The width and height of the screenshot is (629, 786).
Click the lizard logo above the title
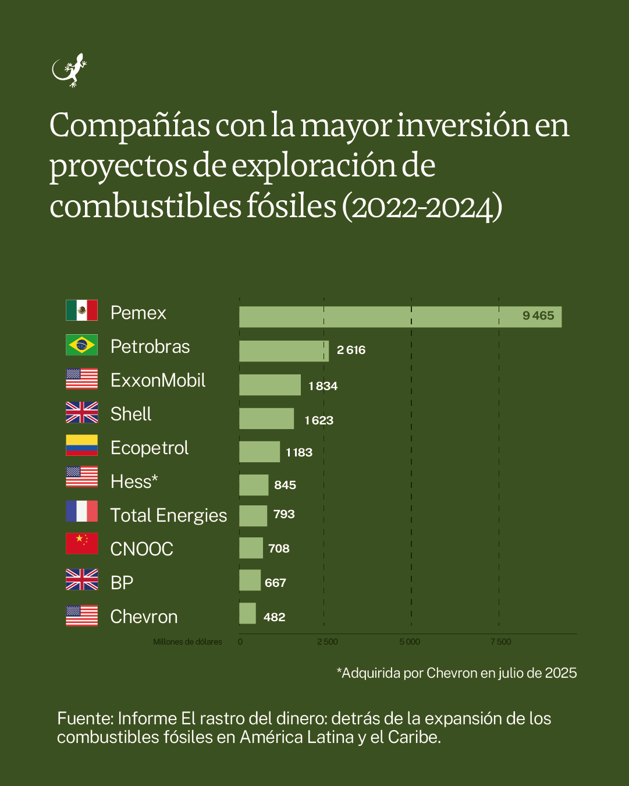(x=69, y=70)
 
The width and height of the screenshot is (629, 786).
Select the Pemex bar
(x=400, y=317)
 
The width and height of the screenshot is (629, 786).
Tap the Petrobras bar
(x=283, y=351)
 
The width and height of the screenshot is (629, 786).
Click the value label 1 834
(x=323, y=386)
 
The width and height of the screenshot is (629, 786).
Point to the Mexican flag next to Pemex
(x=81, y=310)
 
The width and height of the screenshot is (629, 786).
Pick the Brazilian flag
(x=81, y=345)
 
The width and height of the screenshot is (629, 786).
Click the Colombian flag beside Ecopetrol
(x=81, y=445)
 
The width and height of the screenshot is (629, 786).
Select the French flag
(x=81, y=511)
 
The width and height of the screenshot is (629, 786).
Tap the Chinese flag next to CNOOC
(x=81, y=543)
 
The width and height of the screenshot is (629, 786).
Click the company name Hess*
(x=134, y=481)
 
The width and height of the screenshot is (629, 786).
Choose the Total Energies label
(x=168, y=515)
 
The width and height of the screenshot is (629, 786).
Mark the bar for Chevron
(x=247, y=614)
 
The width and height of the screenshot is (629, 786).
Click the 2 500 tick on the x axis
(x=327, y=642)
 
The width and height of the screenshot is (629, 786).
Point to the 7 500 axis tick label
(x=500, y=642)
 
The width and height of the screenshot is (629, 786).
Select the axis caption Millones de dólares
(x=187, y=642)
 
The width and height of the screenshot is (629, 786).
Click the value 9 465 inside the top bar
(x=538, y=316)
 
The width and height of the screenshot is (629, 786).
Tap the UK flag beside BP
(x=81, y=580)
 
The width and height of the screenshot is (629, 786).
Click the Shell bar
(x=266, y=419)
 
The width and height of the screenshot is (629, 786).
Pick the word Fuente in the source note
(x=84, y=718)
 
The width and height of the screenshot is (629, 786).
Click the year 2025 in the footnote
(x=561, y=673)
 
